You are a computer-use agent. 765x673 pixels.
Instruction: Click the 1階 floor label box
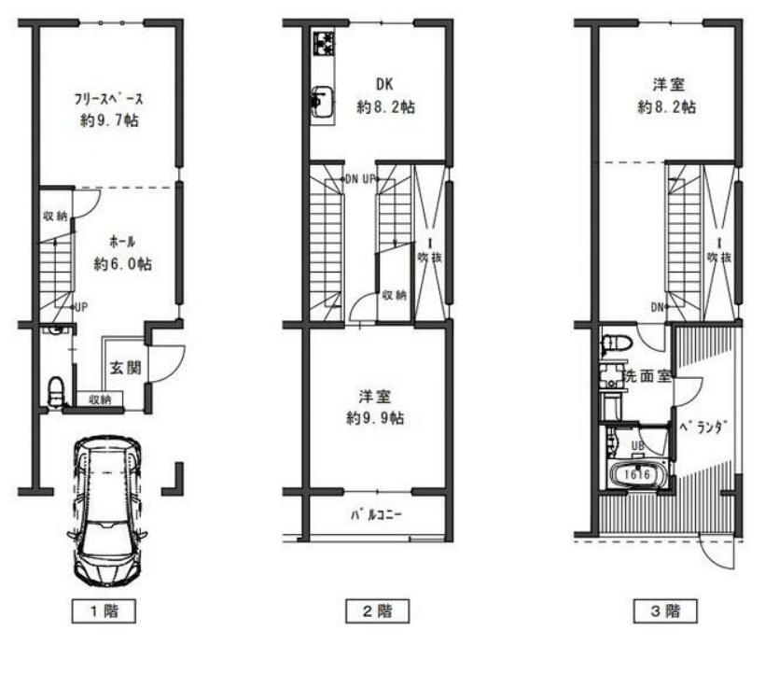104,610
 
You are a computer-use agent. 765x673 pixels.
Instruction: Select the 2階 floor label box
377,610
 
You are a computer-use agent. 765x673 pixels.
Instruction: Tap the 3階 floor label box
665,610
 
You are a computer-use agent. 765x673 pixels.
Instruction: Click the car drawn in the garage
107,511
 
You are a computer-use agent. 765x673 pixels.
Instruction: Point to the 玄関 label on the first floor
125,368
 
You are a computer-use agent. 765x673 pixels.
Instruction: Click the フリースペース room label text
108,99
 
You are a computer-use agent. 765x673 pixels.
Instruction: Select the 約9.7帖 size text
109,120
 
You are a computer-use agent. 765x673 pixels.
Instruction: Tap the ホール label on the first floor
122,241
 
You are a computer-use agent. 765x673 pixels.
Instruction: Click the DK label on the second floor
384,84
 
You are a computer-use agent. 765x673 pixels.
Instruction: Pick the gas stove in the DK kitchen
324,43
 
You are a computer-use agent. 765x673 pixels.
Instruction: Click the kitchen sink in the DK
323,102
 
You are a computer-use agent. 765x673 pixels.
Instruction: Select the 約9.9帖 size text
375,418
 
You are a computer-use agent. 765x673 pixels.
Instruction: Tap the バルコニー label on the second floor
376,515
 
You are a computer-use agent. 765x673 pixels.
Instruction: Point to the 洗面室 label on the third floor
647,376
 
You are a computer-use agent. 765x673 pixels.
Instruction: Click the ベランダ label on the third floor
703,428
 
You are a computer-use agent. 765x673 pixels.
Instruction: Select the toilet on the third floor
616,344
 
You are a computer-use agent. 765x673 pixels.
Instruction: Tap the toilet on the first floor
56,391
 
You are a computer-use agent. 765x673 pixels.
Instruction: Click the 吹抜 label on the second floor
430,258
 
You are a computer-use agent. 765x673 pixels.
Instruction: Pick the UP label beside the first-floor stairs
80,307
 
